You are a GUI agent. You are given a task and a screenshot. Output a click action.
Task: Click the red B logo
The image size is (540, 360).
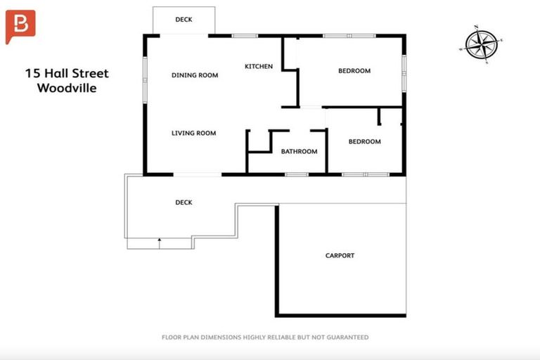point(21,27)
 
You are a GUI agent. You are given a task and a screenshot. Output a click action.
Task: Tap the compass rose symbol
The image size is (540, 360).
point(482,44)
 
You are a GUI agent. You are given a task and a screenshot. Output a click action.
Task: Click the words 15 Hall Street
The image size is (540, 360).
point(67,73)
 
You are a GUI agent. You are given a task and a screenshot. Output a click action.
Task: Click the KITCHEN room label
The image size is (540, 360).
point(258,67)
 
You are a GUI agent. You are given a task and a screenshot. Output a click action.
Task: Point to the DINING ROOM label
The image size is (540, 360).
point(195,75)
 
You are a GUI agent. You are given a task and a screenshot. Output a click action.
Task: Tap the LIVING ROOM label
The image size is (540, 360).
point(193,133)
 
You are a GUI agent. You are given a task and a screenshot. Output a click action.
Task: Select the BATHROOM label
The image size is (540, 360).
point(299,151)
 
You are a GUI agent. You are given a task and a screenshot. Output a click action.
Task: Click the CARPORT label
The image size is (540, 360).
point(340,255)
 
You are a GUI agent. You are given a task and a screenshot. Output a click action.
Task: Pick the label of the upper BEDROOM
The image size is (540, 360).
point(354,70)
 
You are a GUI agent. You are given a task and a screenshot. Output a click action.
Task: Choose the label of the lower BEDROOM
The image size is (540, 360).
point(364,141)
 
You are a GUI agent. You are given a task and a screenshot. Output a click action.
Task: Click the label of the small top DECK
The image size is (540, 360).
point(184,20)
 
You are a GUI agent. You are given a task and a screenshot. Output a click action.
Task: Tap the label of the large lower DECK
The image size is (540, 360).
point(184,202)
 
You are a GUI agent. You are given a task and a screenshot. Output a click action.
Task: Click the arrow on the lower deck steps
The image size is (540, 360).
point(160,243)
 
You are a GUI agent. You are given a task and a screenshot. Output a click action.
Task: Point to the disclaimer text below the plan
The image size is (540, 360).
point(264,337)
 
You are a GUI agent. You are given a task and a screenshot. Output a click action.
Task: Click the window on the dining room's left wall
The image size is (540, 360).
point(145,74)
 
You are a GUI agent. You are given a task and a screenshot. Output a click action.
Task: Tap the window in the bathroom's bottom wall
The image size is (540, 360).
point(297,174)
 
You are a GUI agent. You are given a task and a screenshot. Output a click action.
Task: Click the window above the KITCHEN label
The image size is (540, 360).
point(245,35)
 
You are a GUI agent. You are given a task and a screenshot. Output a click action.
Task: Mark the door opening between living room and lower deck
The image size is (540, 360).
point(197,174)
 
